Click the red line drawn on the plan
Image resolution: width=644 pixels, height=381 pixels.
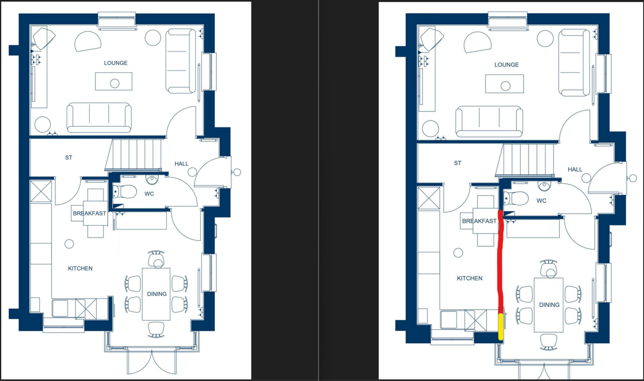click(500, 262)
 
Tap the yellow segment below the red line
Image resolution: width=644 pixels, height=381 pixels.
click(501, 327)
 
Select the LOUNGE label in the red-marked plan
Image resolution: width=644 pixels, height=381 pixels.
click(507, 65)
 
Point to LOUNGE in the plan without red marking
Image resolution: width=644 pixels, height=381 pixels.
click(116, 63)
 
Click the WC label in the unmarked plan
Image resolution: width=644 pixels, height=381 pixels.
click(149, 194)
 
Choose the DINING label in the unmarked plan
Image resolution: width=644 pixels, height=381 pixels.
click(157, 294)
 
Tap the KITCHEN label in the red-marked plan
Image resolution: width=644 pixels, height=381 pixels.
click(470, 278)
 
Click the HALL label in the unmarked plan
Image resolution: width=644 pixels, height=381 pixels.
click(182, 164)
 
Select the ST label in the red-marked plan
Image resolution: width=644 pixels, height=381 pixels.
click(458, 163)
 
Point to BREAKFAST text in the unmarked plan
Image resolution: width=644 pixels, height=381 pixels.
click(89, 214)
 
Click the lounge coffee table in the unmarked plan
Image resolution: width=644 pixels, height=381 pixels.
click(114, 81)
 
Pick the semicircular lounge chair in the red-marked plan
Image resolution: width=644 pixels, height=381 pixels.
click(477, 42)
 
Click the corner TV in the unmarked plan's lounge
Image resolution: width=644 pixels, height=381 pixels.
click(44, 38)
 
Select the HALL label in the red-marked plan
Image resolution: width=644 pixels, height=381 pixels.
click(575, 169)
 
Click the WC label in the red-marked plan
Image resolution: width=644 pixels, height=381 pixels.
click(541, 201)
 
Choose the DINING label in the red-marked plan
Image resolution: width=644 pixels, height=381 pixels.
click(549, 305)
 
